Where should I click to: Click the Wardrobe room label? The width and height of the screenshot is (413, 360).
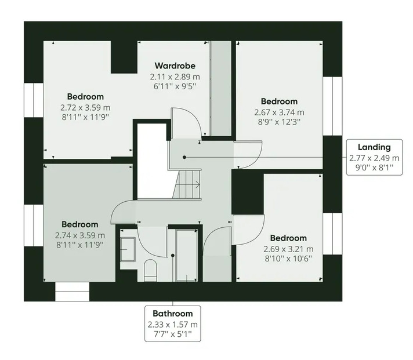175,66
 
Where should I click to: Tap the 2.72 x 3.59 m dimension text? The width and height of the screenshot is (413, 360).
85,108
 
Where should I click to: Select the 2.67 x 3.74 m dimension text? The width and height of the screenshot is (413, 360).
279,112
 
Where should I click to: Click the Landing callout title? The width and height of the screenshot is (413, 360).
374,147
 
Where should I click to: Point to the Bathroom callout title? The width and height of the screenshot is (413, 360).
173,314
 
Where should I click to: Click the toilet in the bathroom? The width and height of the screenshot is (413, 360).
150,270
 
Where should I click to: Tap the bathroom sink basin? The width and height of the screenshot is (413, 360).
128,249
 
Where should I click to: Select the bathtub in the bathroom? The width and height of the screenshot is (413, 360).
187,255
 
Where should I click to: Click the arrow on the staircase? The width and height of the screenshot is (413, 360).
187,185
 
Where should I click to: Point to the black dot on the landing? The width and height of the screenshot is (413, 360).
184,157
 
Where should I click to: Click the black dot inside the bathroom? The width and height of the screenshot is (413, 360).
173,255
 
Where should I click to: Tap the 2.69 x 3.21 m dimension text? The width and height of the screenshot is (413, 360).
288,249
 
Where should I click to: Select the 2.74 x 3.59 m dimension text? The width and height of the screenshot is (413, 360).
80,235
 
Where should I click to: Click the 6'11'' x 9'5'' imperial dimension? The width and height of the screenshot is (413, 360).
175,86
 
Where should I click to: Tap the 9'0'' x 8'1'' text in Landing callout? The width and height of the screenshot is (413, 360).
374,168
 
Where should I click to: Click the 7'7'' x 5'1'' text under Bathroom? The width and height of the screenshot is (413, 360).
173,334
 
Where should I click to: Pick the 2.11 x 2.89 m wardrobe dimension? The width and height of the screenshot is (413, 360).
175,77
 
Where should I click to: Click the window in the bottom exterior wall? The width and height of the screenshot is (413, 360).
72,292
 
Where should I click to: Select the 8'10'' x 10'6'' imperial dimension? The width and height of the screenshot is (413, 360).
288,259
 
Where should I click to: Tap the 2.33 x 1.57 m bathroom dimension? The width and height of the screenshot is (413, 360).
173,325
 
